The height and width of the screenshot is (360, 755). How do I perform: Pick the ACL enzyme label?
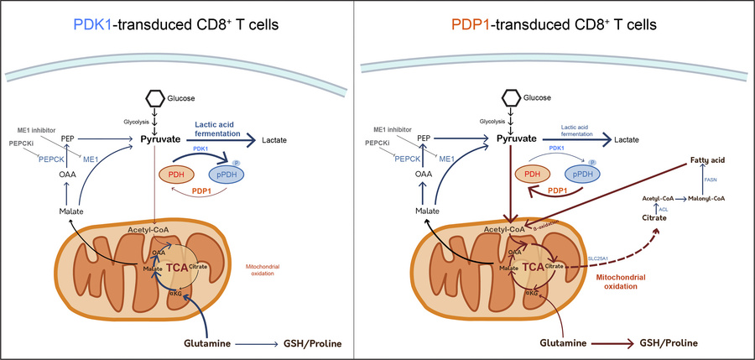point(663,207)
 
